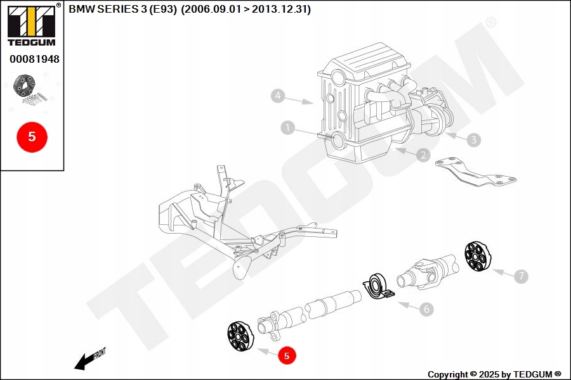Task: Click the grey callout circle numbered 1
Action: (x=288, y=129)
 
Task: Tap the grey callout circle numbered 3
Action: (x=473, y=139)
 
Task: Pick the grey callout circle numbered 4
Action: (x=277, y=96)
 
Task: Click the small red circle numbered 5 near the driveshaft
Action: (x=286, y=356)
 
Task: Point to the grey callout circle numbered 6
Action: (x=426, y=309)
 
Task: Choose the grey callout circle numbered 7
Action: (x=521, y=276)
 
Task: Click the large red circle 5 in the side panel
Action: (x=32, y=136)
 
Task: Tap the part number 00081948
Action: (x=34, y=59)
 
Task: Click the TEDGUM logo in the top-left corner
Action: (x=31, y=25)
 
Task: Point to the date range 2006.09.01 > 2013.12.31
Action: (x=246, y=9)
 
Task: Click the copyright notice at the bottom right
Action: (x=494, y=374)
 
